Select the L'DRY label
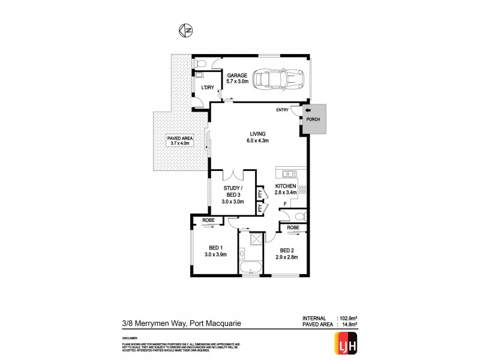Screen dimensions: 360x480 (208, 88)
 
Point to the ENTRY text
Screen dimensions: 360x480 (282, 110)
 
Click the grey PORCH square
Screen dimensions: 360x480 (314, 118)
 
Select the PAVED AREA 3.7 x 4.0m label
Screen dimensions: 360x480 (178, 140)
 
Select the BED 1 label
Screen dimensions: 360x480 (215, 251)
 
